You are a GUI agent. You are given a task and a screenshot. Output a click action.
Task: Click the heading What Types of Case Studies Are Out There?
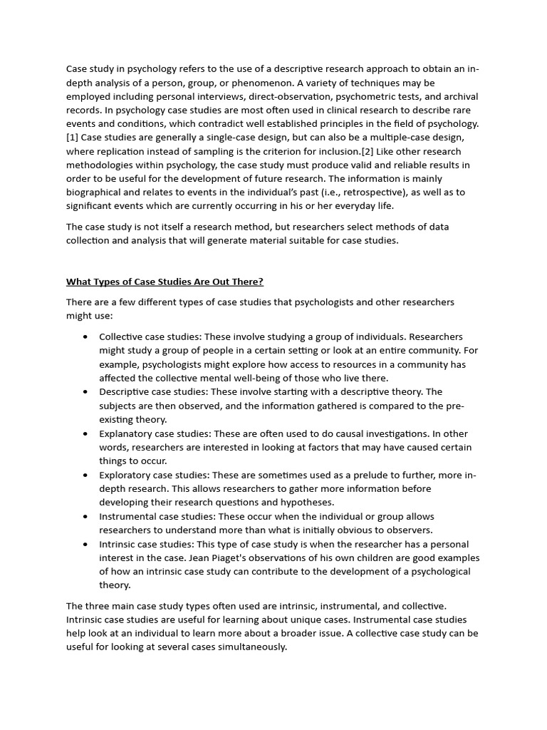[165, 282]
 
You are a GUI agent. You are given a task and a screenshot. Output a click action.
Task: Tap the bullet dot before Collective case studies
[85, 337]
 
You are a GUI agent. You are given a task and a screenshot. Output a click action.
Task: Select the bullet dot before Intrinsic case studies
[85, 545]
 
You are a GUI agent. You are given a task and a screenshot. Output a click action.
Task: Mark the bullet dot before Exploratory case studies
[85, 475]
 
